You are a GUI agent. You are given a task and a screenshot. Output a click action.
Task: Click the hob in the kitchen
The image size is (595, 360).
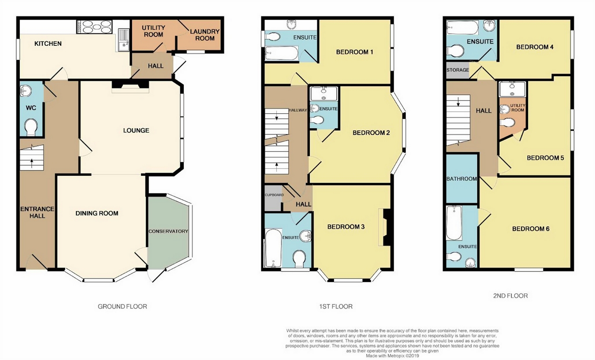point(95,26)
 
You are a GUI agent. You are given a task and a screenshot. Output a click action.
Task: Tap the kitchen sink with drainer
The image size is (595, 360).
point(123,40)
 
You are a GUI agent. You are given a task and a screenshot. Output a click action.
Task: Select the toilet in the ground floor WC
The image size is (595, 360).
point(31,127)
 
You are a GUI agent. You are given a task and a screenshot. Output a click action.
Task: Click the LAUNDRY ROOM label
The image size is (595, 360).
point(205,35)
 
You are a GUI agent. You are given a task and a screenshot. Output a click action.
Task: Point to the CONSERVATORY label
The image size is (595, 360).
point(168,231)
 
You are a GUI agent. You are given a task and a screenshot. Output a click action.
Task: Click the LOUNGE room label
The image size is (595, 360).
point(136,130)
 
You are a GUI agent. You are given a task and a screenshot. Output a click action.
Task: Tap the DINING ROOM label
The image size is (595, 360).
point(97,213)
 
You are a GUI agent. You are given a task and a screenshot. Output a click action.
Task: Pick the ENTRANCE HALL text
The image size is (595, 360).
point(37,212)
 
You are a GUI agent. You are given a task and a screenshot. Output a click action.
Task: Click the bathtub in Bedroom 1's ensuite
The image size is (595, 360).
point(282,53)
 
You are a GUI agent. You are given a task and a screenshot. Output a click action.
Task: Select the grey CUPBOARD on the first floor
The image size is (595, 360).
point(273,198)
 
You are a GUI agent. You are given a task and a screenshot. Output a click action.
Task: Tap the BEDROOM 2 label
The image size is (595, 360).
point(371,133)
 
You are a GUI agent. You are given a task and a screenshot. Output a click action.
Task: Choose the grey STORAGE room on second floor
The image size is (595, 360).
point(457,70)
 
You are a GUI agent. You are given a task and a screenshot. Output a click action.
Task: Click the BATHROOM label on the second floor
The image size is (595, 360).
point(461,179)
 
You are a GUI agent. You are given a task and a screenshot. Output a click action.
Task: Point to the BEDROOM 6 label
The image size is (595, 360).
point(531,229)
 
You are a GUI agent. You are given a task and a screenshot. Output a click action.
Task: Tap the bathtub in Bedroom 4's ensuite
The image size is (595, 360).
point(462,28)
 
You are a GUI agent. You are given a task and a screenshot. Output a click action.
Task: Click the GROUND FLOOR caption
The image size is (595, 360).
point(123,307)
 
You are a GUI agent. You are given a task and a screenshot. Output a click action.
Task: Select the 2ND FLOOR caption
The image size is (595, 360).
point(510,296)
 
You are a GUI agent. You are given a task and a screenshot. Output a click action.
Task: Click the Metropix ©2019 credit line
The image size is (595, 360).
point(392,356)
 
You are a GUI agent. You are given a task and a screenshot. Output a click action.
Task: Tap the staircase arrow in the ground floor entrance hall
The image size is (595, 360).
point(32,163)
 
